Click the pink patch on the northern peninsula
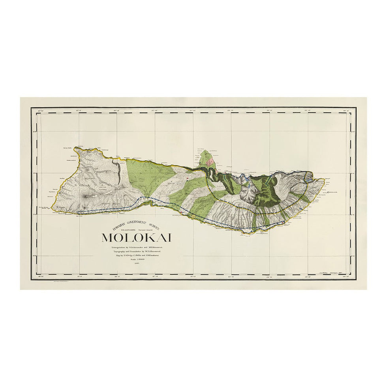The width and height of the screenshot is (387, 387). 212,160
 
